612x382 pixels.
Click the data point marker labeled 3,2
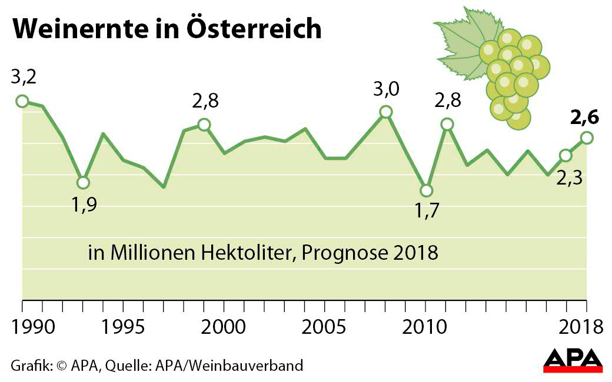point(22,101)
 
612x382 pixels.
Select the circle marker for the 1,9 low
point(83,183)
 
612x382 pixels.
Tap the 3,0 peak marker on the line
point(385,112)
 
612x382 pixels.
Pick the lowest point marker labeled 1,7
point(426,190)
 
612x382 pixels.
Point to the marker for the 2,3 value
point(566,155)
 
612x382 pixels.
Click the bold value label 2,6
point(584,118)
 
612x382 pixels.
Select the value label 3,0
point(386,89)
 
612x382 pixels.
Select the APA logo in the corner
point(572,360)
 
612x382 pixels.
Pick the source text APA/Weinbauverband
point(229,366)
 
